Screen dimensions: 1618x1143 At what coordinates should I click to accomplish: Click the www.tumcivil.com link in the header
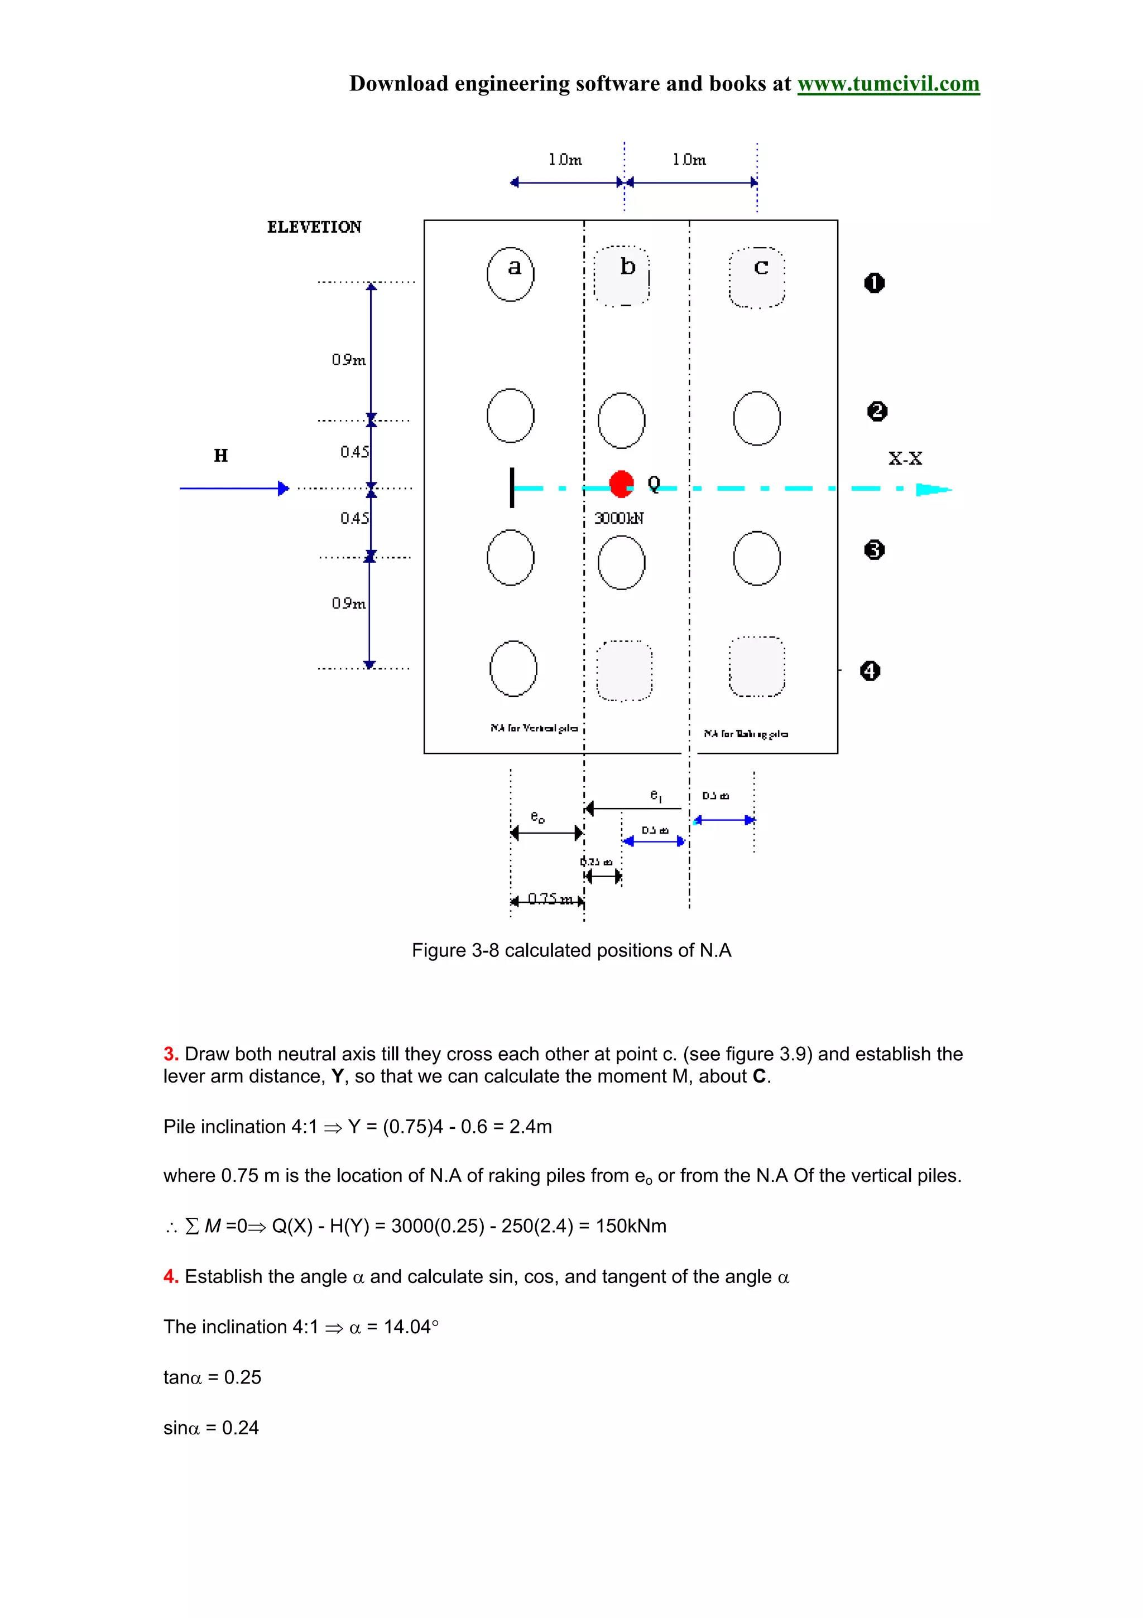tap(887, 84)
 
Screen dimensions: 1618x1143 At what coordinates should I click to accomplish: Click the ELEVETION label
tap(314, 227)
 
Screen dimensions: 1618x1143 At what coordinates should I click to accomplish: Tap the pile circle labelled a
tap(511, 274)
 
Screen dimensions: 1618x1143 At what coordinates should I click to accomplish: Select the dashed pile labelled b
tap(622, 276)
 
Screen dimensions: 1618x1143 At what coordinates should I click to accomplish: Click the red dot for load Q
tap(621, 484)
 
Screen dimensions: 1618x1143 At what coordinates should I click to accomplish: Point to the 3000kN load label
tap(618, 519)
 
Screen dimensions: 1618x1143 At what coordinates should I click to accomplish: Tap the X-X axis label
tap(905, 459)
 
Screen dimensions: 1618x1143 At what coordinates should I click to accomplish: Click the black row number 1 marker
tap(874, 283)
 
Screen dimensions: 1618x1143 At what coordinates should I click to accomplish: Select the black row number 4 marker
tap(871, 671)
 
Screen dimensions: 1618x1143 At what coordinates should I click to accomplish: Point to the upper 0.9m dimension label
tap(349, 360)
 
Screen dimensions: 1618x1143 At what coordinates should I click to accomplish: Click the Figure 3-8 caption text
tap(571, 951)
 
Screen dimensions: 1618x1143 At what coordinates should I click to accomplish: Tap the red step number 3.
tap(170, 1054)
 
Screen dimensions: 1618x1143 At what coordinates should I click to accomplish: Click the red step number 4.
tap(170, 1277)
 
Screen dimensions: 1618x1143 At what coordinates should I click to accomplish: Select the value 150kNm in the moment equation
tap(631, 1226)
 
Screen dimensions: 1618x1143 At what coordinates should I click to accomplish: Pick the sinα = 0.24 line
tap(212, 1428)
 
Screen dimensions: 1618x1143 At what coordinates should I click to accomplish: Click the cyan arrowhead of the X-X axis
tap(933, 489)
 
